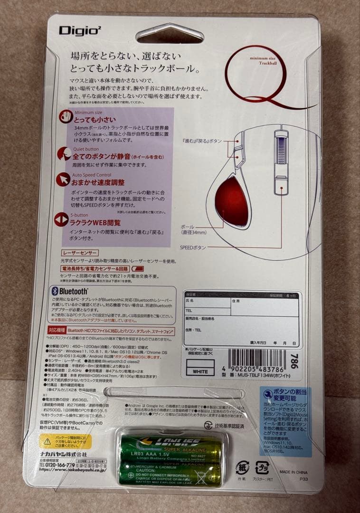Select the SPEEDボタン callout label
click(193, 247)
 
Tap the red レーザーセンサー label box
click(80, 253)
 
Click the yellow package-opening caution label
click(65, 441)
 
